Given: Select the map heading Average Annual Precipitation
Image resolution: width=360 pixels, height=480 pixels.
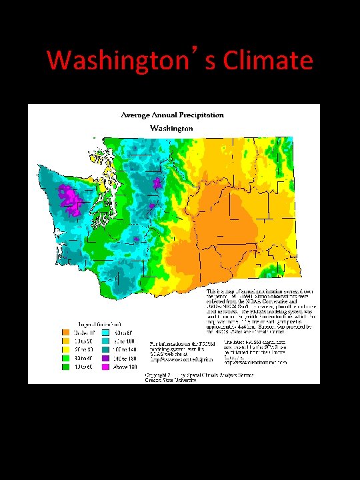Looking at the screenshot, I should click(172, 115).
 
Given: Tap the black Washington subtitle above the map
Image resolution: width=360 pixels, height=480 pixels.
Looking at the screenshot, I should click(171, 127).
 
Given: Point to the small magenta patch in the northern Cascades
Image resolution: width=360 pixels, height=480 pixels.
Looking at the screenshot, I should click(157, 182).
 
